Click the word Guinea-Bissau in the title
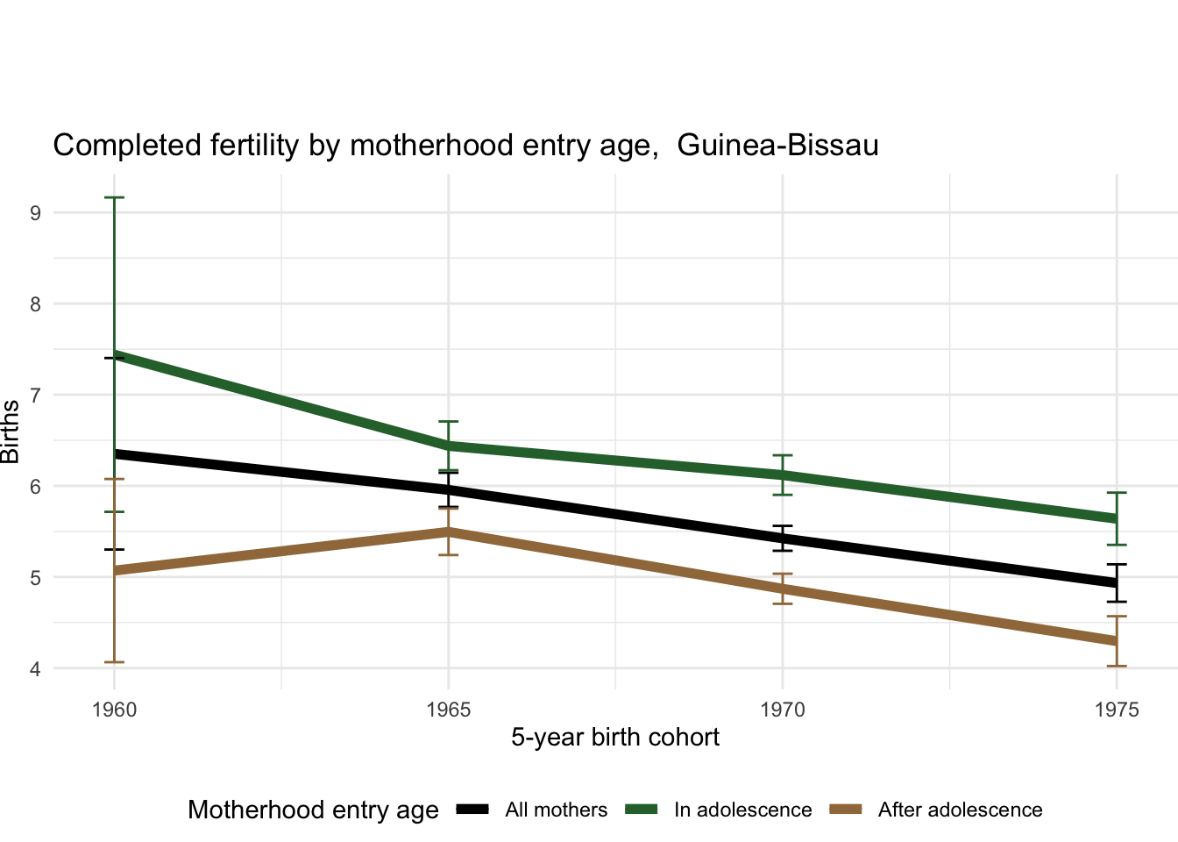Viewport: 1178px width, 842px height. (x=777, y=146)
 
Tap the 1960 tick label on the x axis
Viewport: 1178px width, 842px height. (x=114, y=710)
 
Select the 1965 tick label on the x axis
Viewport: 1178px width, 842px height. (x=449, y=710)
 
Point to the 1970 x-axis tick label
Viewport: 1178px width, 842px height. (x=783, y=710)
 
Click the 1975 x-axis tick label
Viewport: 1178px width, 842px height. (x=1117, y=710)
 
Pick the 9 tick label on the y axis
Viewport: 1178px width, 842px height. (x=35, y=212)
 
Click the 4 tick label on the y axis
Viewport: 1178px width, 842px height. (x=35, y=668)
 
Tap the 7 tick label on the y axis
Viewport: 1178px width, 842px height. (x=35, y=395)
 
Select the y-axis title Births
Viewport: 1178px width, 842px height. (x=11, y=432)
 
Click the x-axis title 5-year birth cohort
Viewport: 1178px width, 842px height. (x=615, y=738)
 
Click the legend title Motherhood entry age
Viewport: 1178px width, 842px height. (x=313, y=810)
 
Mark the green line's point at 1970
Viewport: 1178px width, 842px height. (x=783, y=475)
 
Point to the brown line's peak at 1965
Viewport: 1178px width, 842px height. (x=449, y=532)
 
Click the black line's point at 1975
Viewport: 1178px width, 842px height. (x=1117, y=583)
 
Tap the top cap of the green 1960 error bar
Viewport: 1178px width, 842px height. (x=114, y=198)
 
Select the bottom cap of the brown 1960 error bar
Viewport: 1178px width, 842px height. (x=114, y=662)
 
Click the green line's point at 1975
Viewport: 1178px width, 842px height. (x=1117, y=518)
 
